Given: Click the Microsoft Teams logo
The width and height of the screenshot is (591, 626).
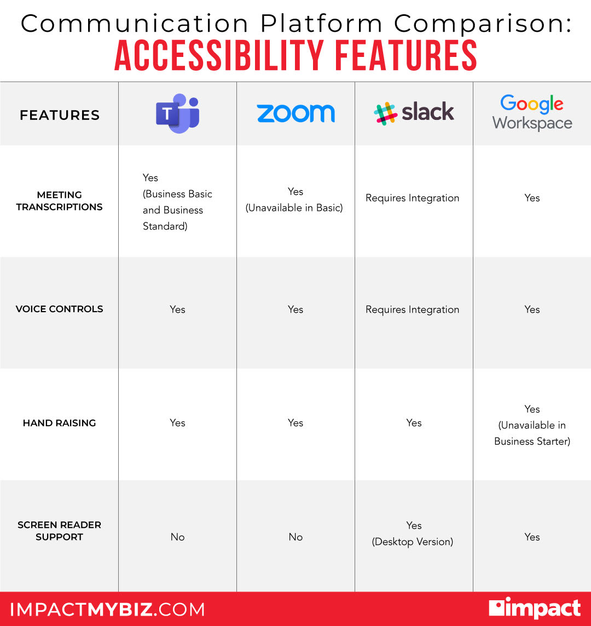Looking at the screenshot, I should pos(177,113).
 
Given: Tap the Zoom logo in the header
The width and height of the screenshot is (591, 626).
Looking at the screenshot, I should pos(296,113).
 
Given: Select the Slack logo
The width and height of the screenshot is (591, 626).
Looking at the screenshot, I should pos(414,113).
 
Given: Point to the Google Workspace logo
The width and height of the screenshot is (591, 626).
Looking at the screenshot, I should pos(532,113).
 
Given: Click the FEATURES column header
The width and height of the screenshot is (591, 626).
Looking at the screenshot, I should pos(60,115).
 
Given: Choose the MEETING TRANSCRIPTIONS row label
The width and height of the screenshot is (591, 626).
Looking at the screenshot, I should pos(59,201).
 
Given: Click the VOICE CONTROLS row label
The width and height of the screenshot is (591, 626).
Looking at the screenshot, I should pos(59,309).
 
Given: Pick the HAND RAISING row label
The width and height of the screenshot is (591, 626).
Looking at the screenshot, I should pos(59,423).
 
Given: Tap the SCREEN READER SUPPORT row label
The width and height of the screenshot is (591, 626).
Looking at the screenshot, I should pos(59,531).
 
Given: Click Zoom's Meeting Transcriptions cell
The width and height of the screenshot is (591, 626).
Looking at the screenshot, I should pos(296,200).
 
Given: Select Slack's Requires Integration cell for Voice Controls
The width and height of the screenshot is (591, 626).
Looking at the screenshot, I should pos(413,309).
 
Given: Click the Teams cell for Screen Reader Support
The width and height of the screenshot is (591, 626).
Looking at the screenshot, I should pos(177,537).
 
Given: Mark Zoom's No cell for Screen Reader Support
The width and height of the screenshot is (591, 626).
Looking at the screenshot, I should pos(296,537).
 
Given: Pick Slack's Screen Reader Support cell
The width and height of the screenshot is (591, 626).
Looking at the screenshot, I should pos(413,533).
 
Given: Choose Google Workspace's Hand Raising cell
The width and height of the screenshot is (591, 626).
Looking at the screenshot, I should pos(532,425).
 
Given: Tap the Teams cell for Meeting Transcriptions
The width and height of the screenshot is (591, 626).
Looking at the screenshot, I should pos(177,202).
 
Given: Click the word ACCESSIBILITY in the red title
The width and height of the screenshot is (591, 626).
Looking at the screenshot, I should pos(219,55).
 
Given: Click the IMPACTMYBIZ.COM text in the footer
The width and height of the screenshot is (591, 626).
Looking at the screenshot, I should pos(107,610).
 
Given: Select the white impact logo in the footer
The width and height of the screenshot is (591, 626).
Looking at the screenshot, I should pos(534,608).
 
